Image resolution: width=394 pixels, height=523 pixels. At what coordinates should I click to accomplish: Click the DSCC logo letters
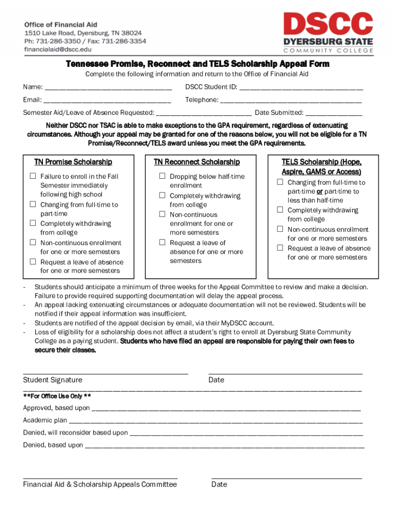coord(328,25)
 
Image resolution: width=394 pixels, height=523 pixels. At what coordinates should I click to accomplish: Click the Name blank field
coord(108,87)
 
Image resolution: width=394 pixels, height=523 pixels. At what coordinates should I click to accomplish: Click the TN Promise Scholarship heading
coord(73,162)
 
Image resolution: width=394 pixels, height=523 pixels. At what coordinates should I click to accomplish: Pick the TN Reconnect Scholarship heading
coord(197,162)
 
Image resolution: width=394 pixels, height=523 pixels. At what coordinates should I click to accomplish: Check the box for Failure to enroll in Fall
coord(33,176)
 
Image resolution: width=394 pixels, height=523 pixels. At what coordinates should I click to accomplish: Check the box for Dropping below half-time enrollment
coord(162,176)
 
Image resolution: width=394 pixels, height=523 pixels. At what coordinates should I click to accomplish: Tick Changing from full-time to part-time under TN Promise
coord(33,205)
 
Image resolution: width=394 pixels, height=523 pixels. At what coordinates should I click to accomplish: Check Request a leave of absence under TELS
coord(280,248)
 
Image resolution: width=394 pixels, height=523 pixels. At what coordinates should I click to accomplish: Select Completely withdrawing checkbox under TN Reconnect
coord(162,196)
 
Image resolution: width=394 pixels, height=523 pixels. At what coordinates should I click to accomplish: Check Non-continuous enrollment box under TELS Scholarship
coord(280,229)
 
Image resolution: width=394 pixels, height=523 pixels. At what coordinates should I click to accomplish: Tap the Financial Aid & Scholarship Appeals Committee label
coord(100,484)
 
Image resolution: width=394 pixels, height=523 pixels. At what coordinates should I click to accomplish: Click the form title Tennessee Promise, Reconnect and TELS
coord(198,64)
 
